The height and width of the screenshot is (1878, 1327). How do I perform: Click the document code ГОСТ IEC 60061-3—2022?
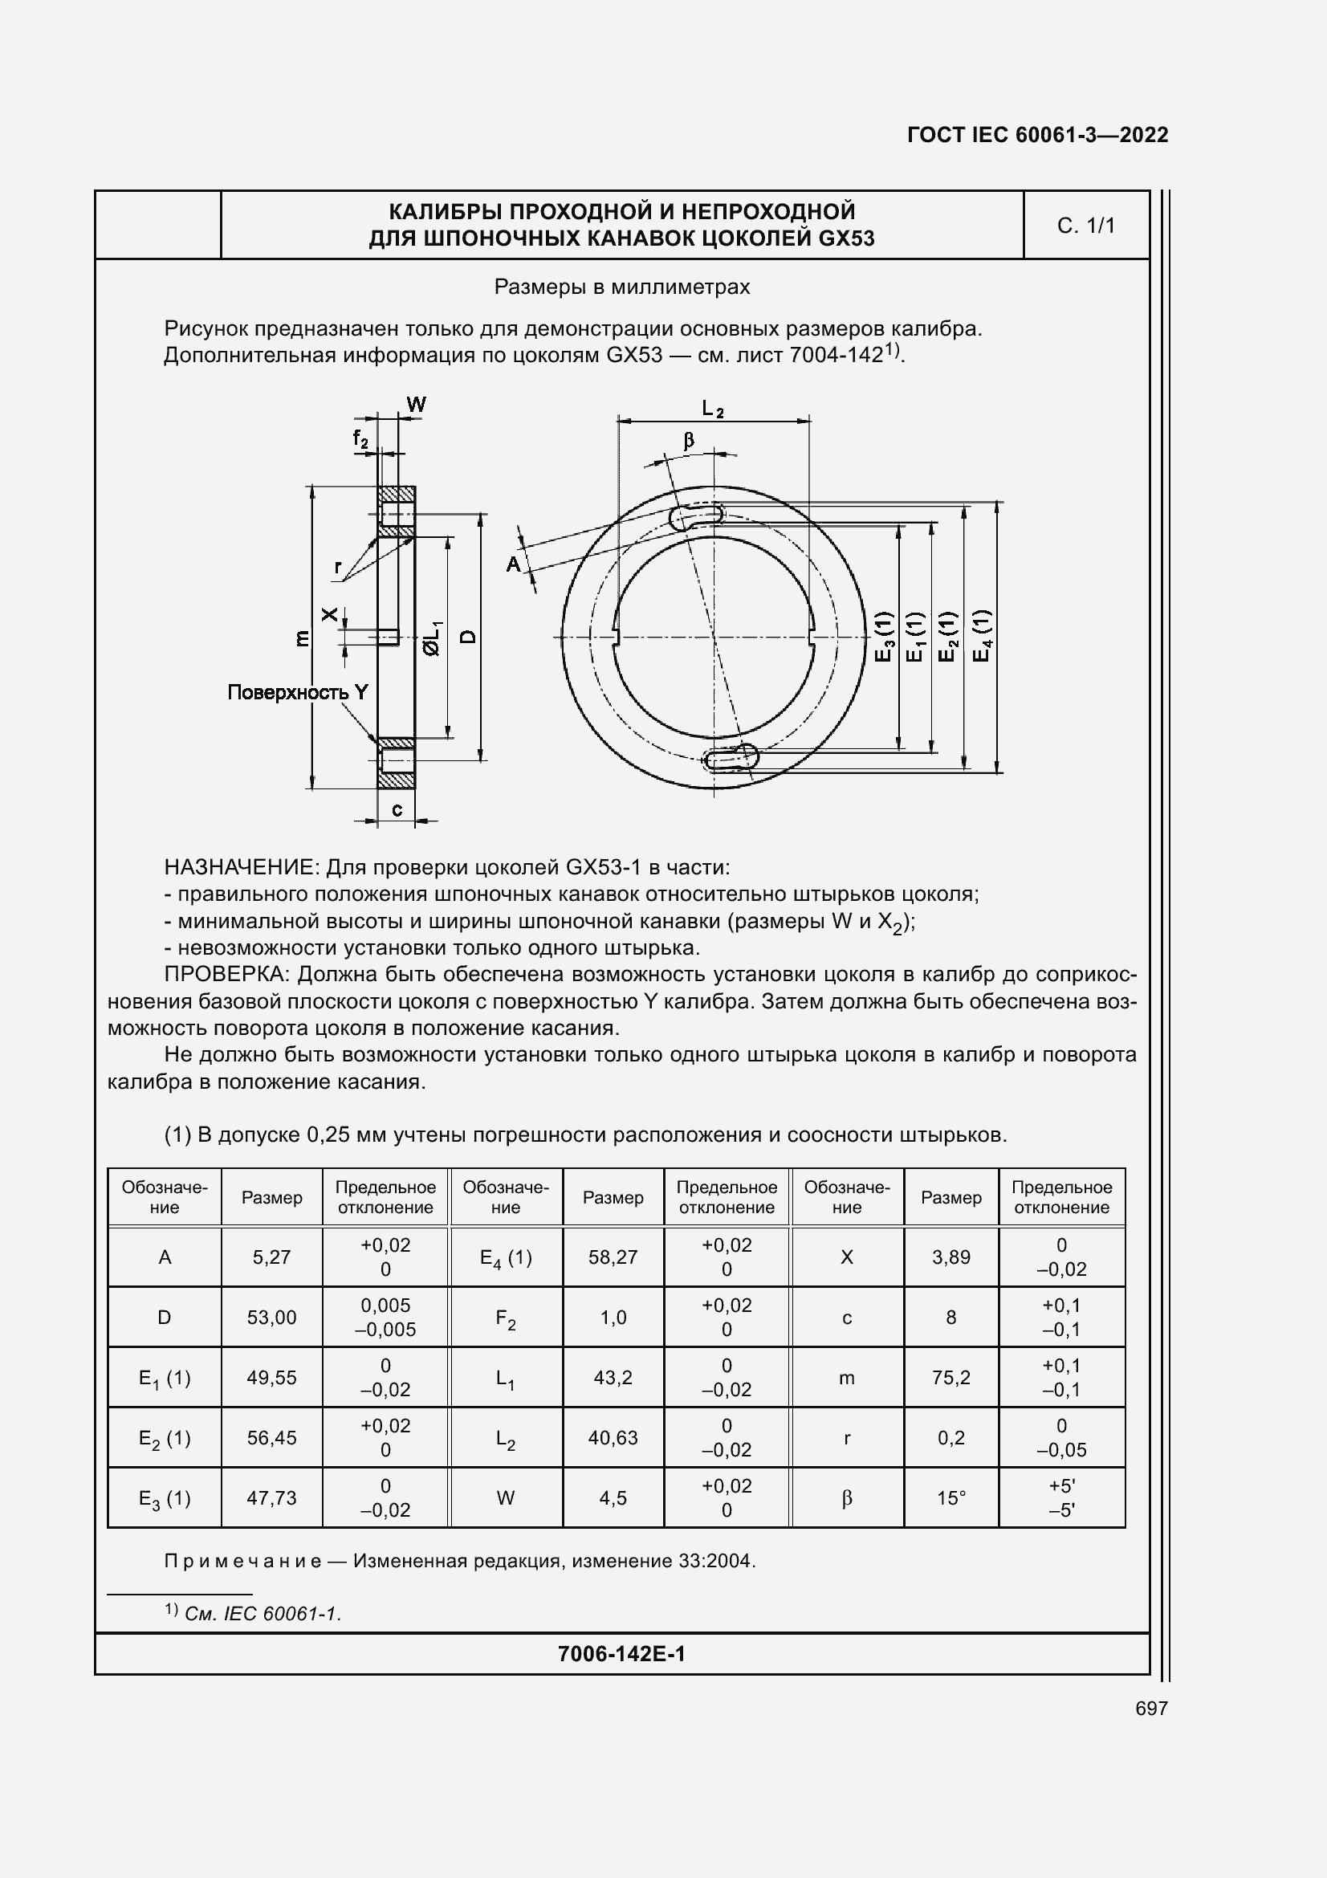(x=1036, y=135)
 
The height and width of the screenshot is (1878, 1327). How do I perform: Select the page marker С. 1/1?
(x=1085, y=226)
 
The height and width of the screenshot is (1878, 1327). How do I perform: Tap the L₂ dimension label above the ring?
(x=713, y=408)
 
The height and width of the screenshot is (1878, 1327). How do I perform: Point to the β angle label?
(x=690, y=440)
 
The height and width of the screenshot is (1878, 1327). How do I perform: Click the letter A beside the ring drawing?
(x=513, y=564)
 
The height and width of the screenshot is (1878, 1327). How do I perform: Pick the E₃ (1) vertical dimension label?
(x=885, y=637)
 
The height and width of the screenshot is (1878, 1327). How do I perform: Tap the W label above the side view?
(x=416, y=404)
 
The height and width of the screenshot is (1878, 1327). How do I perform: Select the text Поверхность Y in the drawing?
(x=298, y=693)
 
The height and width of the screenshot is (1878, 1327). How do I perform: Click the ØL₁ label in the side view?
(x=432, y=638)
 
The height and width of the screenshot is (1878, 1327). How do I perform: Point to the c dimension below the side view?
(x=397, y=810)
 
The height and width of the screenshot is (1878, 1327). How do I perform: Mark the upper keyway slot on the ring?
(x=697, y=515)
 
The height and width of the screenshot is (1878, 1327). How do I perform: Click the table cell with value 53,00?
(x=271, y=1317)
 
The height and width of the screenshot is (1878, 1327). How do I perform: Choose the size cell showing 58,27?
(x=613, y=1257)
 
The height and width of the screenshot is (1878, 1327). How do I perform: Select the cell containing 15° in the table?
(x=950, y=1498)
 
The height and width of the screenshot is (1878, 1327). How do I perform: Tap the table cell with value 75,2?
(x=950, y=1378)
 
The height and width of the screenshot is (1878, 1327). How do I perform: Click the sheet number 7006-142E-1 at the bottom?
(x=621, y=1654)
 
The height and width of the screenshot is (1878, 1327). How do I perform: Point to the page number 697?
(x=1151, y=1708)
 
